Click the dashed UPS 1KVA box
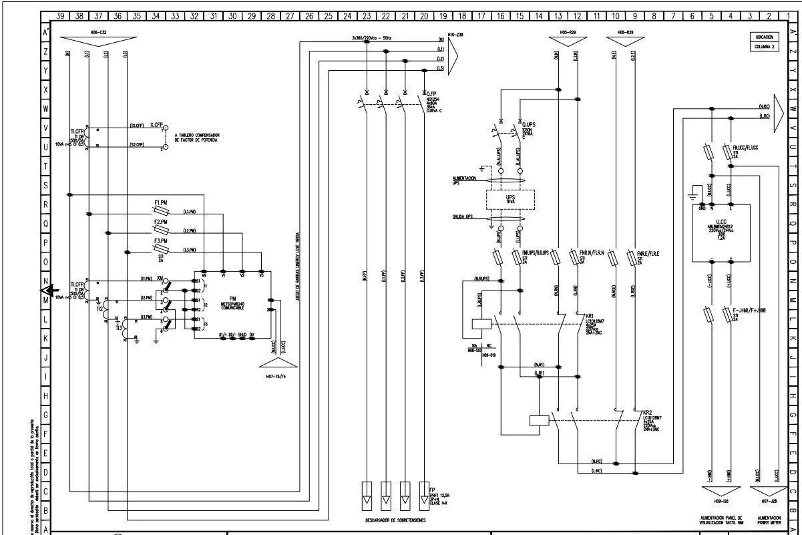pyautogui.click(x=510, y=199)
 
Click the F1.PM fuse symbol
pyautogui.click(x=162, y=210)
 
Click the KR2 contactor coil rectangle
pyautogui.click(x=538, y=420)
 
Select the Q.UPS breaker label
pyautogui.click(x=529, y=125)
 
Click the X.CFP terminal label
pyautogui.click(x=156, y=125)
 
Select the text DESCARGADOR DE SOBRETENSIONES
pyautogui.click(x=394, y=519)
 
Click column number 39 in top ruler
pyautogui.click(x=60, y=15)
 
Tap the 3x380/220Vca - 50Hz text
pyautogui.click(x=371, y=39)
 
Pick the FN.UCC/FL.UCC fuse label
pyautogui.click(x=745, y=147)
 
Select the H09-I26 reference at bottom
pyautogui.click(x=721, y=500)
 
